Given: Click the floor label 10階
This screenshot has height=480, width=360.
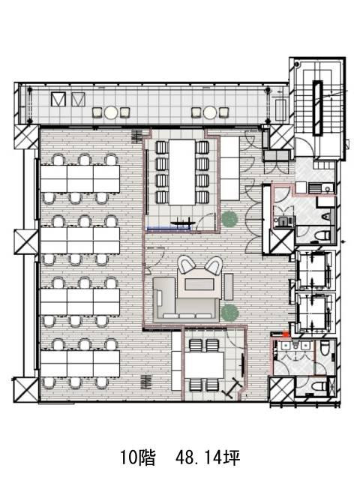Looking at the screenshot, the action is coord(137,457).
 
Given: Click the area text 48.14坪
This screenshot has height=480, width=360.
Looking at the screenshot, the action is coord(208,457).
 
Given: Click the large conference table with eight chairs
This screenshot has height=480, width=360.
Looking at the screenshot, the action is coord(181,172).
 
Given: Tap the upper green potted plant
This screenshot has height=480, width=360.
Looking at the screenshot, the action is coord(229,218).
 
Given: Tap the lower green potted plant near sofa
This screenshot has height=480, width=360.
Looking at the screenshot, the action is coord(229,313).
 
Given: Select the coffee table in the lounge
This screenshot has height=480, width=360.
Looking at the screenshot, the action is coord(199,285).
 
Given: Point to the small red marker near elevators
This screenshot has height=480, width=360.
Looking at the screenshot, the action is coord(286,334).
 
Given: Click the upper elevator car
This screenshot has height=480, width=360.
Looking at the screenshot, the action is coord(313,270).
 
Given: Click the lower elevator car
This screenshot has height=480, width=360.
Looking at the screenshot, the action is coord(313,313).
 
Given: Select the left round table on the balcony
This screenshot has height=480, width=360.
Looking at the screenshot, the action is coord(111,112).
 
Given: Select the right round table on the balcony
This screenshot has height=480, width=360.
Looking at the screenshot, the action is coord(210,112).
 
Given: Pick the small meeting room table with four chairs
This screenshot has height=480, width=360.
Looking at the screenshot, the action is coord(204,365).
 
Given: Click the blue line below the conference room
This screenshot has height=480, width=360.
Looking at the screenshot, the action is coord(169,228).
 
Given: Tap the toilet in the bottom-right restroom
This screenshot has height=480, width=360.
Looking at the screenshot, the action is coord(318,386).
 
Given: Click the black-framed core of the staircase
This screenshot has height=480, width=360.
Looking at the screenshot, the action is coord(317,108).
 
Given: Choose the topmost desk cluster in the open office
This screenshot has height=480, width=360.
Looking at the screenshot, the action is coord(80,178).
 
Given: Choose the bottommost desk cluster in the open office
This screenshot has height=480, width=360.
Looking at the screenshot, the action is coord(80,364).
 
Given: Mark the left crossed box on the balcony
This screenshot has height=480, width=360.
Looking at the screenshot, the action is coord(58,99).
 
